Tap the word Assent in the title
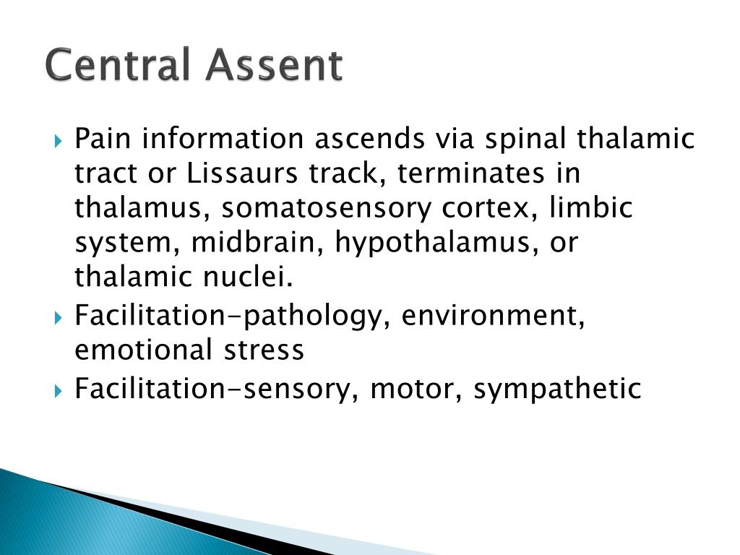274,64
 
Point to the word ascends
369,139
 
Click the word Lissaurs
242,173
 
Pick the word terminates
471,173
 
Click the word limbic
590,207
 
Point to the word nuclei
249,277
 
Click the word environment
493,316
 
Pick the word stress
264,351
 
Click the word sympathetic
557,390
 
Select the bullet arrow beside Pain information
58,141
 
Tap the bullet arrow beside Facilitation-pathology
58,318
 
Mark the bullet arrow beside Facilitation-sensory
58,391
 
